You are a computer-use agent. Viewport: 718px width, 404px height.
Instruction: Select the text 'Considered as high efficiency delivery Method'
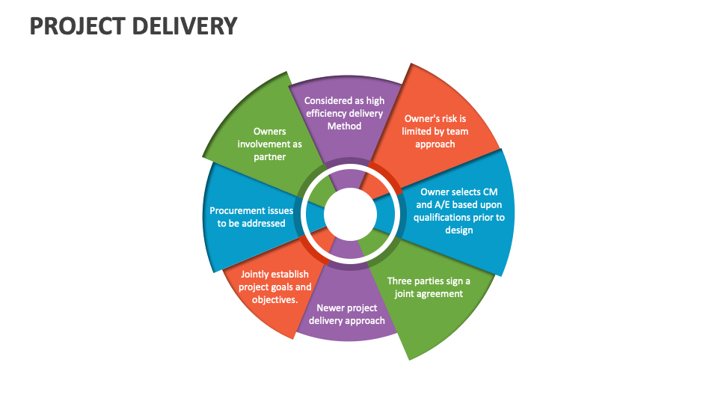tap(344, 114)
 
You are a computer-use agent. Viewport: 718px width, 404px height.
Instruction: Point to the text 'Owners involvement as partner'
tap(269, 144)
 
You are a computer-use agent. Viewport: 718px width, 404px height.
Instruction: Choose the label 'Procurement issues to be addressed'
tap(251, 217)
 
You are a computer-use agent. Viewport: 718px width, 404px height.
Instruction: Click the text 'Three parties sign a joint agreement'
tap(429, 287)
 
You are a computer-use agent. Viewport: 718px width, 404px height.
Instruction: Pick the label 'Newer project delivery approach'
tap(346, 314)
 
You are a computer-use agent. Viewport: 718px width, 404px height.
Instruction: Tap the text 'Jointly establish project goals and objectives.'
tap(274, 287)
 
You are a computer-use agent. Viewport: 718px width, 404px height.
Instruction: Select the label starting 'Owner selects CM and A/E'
tap(458, 211)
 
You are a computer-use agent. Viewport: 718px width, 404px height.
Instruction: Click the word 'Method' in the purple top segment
tap(344, 126)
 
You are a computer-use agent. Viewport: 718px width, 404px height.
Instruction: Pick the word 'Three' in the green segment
tap(401, 281)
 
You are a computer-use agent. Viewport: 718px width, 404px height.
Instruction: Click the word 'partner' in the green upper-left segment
tap(269, 156)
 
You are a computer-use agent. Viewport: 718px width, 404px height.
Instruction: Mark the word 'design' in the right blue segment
tap(458, 230)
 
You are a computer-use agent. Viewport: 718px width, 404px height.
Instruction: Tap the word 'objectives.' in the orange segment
tap(274, 300)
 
